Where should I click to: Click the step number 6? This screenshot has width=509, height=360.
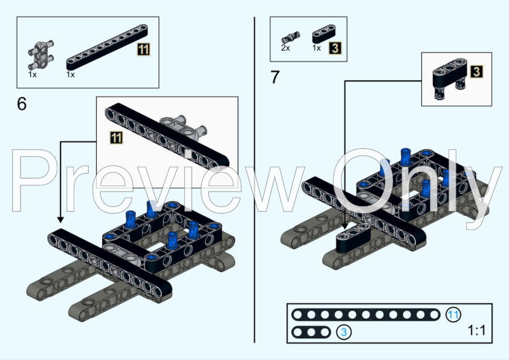pyautogui.click(x=22, y=104)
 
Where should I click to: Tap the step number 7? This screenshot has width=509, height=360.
pyautogui.click(x=276, y=78)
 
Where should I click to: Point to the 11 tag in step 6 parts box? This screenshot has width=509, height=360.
pyautogui.click(x=143, y=50)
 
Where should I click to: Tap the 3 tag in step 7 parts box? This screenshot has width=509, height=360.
pyautogui.click(x=334, y=47)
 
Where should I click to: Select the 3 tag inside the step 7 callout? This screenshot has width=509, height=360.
pyautogui.click(x=476, y=72)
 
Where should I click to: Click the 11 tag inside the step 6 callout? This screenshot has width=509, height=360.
pyautogui.click(x=116, y=138)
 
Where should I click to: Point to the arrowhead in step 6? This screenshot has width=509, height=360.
pyautogui.click(x=60, y=220)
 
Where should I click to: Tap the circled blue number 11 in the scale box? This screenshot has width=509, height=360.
pyautogui.click(x=453, y=315)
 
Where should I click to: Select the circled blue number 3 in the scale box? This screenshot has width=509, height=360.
pyautogui.click(x=343, y=332)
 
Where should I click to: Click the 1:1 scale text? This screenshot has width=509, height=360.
pyautogui.click(x=476, y=331)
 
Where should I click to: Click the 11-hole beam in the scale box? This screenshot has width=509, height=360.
pyautogui.click(x=366, y=315)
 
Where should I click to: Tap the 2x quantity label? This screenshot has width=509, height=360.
pyautogui.click(x=285, y=48)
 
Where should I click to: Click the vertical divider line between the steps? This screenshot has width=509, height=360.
pyautogui.click(x=254, y=181)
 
